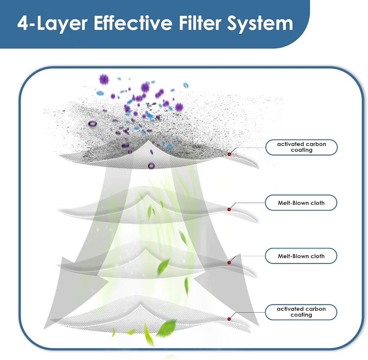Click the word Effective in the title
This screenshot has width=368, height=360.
(x=133, y=23)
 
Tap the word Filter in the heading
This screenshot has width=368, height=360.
(x=200, y=23)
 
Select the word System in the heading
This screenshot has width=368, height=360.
(x=260, y=24)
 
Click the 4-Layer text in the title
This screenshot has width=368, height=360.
(x=52, y=24)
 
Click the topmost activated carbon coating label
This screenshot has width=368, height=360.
(x=302, y=147)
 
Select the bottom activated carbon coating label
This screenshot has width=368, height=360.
(x=301, y=312)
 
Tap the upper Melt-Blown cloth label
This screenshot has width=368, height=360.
(x=301, y=203)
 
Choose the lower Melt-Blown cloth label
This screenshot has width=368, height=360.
(x=301, y=256)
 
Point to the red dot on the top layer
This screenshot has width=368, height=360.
(x=229, y=154)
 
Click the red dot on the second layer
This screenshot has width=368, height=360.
(x=229, y=210)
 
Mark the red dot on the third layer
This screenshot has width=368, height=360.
(x=229, y=263)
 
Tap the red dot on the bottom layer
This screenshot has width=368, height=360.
(x=229, y=319)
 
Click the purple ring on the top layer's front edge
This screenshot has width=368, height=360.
(x=151, y=166)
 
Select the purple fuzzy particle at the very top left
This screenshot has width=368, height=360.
(x=104, y=80)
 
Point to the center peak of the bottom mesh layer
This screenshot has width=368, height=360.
(x=141, y=306)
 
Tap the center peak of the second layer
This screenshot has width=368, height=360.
(x=147, y=195)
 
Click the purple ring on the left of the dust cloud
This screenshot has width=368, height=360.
(x=92, y=124)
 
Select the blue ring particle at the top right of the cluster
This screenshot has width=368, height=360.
(x=185, y=85)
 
